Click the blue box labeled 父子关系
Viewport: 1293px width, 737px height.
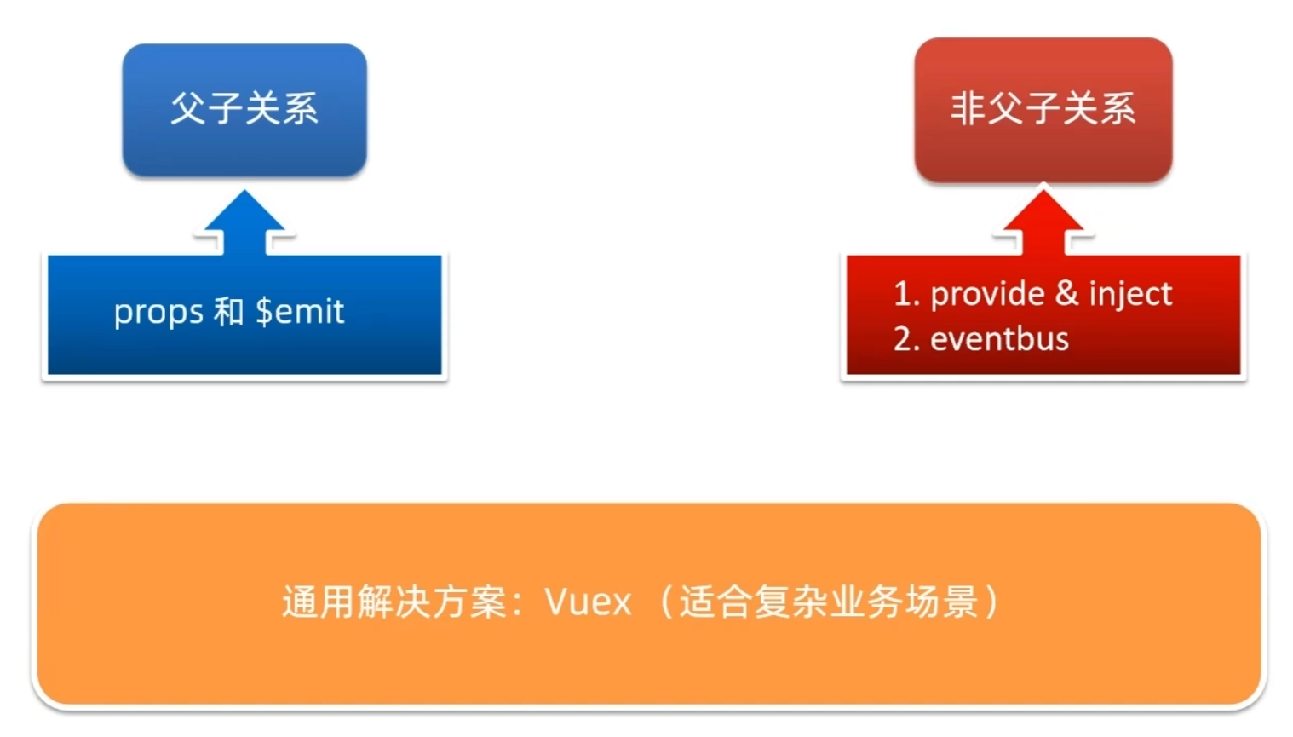point(244,110)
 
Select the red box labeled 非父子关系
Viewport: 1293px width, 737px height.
point(1043,110)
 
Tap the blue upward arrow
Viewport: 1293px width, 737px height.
point(244,222)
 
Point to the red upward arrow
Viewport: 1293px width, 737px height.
point(1043,222)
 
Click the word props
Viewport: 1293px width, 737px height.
point(158,313)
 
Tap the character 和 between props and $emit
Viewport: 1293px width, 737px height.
point(228,311)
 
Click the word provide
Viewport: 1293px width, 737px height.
point(988,295)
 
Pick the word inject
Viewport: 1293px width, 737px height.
point(1131,295)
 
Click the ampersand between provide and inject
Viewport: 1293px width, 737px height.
point(1066,293)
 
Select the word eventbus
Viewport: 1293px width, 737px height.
point(999,339)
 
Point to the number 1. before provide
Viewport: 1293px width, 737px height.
point(906,294)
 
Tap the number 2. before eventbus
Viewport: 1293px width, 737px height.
point(906,339)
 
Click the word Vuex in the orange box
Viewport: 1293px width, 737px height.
point(588,602)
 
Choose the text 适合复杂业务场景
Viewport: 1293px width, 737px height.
point(830,602)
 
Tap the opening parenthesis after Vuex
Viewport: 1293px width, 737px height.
point(665,602)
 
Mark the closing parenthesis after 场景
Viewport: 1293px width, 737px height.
point(992,602)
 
